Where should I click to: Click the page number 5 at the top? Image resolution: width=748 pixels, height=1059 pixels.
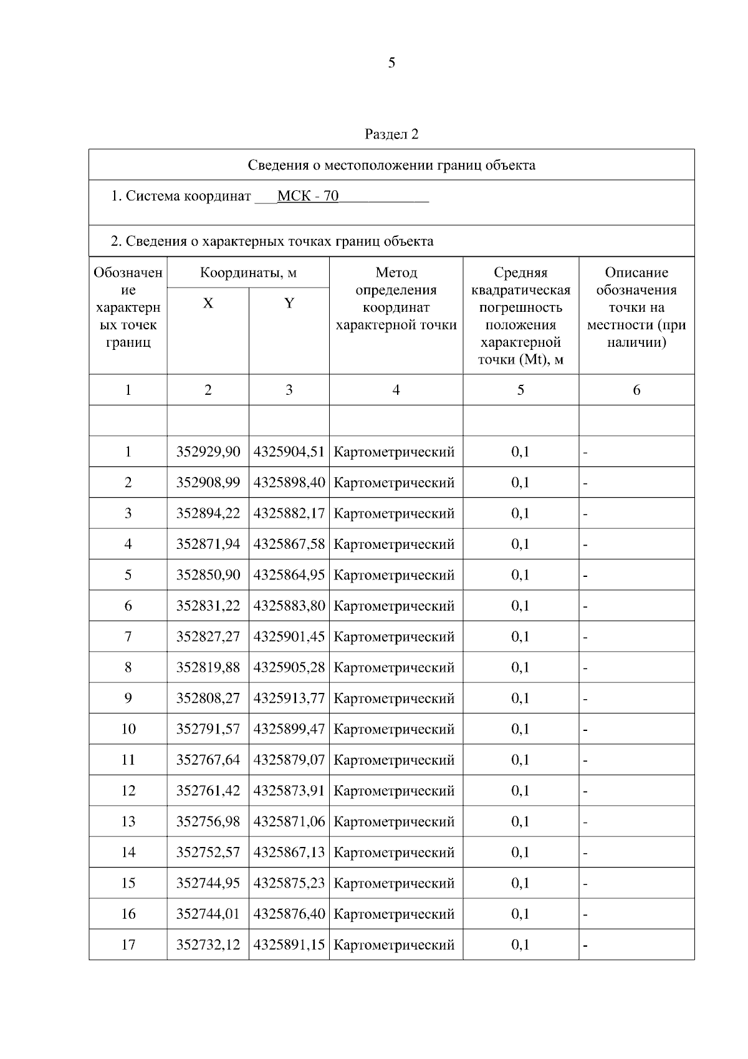391,63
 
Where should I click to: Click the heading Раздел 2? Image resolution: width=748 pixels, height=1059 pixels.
391,134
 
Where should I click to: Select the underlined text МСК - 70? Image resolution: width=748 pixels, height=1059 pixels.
308,196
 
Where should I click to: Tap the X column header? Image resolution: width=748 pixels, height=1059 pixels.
208,304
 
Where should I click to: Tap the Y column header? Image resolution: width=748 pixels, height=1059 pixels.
289,304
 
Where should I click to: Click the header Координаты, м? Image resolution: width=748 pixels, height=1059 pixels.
248,273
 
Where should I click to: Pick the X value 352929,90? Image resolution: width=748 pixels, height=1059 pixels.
208,452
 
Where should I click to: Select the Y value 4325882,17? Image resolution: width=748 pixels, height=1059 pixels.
289,513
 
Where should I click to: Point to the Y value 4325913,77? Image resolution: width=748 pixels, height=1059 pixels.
289,698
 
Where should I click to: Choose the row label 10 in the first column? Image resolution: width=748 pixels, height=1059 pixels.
128,729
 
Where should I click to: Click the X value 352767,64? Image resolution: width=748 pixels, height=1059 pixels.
208,760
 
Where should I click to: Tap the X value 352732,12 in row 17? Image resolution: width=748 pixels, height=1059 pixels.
208,944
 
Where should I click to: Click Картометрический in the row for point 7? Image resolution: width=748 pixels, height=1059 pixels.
395,637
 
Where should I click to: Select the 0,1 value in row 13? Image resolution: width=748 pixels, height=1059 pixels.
520,821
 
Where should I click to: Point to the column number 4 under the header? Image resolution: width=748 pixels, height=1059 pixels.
396,390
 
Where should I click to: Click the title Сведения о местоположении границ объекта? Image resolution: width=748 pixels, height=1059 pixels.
391,165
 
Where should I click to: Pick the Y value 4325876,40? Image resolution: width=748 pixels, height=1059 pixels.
289,914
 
